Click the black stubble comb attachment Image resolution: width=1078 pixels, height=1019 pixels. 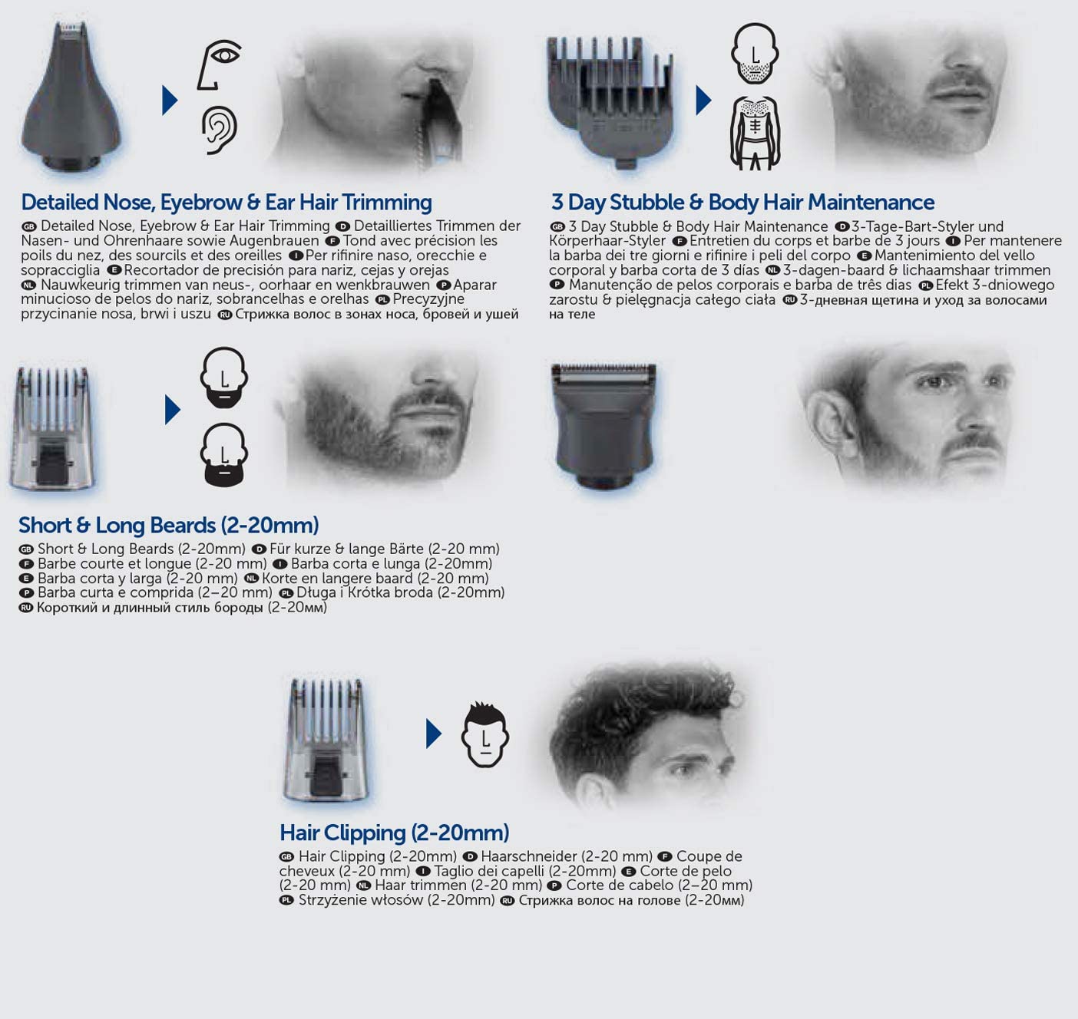coord(610,101)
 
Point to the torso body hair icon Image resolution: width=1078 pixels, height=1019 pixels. coord(755,134)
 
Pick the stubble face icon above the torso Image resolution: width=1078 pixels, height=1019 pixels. coord(755,54)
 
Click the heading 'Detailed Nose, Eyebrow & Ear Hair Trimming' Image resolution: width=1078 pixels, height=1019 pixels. coord(227,203)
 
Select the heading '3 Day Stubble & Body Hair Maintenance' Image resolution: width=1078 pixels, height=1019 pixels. coord(742,203)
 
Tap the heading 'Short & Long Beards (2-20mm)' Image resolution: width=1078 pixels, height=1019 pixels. coord(169,525)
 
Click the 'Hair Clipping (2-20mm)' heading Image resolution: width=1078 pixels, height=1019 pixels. coord(394,833)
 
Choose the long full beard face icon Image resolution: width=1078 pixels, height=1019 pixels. coord(223,454)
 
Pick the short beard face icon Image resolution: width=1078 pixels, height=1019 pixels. coord(223,378)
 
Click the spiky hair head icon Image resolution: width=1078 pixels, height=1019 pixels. coord(485,734)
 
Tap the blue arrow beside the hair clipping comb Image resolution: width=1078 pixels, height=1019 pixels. coord(434,734)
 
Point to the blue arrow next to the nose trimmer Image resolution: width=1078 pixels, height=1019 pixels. coord(170,100)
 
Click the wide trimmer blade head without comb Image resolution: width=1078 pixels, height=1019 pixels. coord(603,425)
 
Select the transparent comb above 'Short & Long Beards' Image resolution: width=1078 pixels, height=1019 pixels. coord(52,427)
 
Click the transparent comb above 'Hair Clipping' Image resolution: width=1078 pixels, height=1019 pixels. coord(326,740)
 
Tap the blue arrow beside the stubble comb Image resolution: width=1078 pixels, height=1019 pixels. coord(703,100)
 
